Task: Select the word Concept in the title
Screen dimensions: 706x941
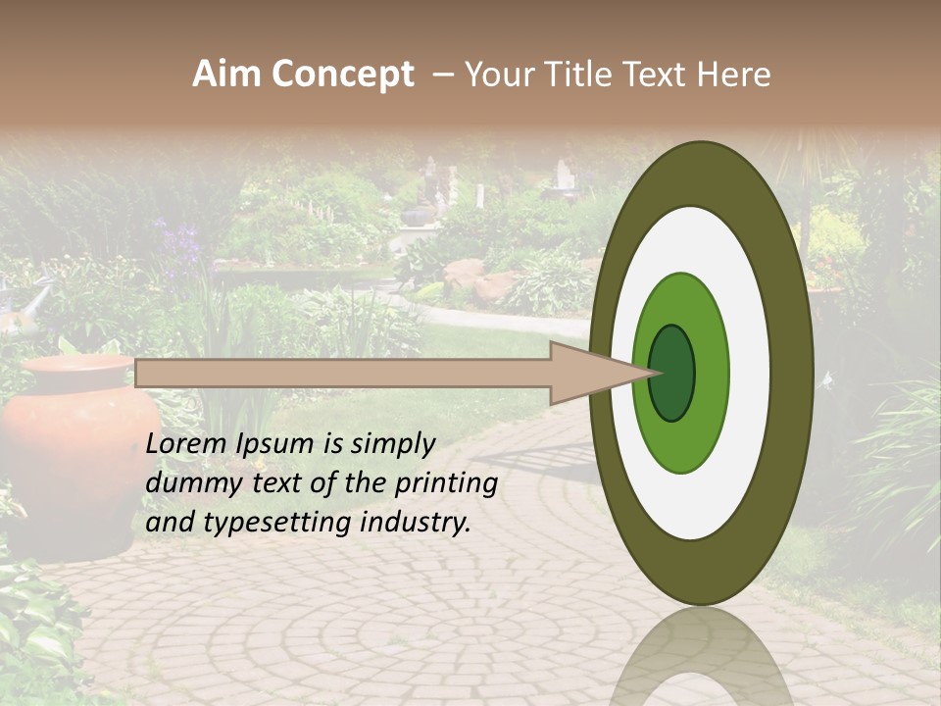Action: pos(343,76)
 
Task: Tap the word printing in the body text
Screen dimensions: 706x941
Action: pos(447,484)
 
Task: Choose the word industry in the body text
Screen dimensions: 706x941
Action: pos(416,523)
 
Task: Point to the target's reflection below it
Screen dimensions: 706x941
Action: pos(701,657)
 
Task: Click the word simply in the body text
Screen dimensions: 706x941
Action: pos(392,444)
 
